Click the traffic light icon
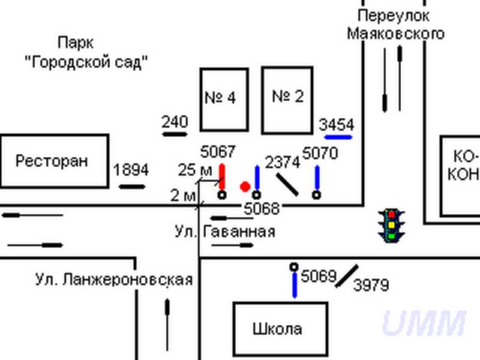391,225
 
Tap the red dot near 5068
245,187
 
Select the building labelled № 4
224,99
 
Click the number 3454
337,125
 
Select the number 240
175,122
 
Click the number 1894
131,170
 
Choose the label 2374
282,162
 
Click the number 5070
320,154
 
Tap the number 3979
371,286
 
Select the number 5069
318,277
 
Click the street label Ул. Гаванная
225,232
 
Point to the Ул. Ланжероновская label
113,280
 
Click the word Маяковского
396,33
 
